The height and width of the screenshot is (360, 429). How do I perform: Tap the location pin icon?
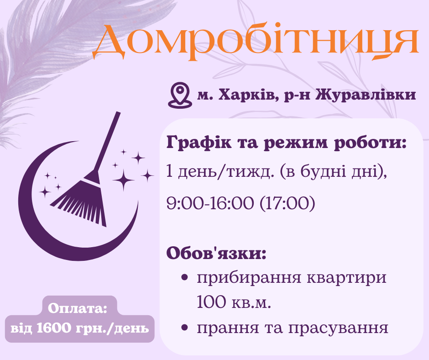[x=179, y=95]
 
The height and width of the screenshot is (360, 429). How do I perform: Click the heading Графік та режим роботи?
[x=286, y=143]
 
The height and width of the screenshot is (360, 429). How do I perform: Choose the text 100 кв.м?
[x=234, y=302]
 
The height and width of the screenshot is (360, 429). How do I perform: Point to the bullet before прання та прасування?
[x=185, y=327]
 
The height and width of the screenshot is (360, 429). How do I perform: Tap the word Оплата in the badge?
[x=77, y=308]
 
